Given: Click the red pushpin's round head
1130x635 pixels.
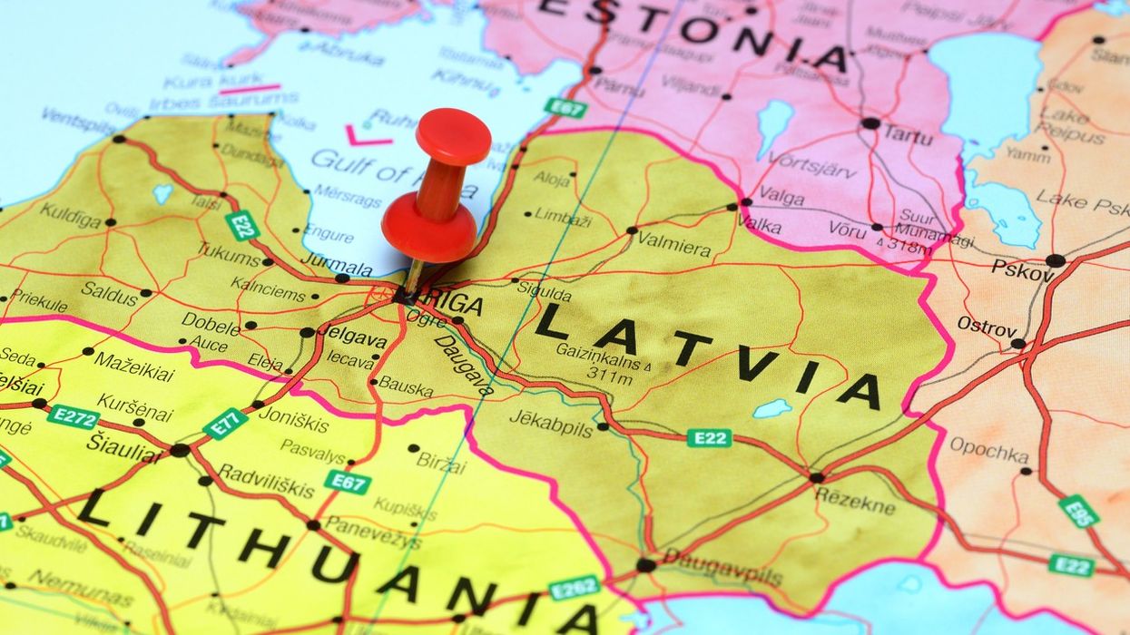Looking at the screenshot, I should click(452, 136).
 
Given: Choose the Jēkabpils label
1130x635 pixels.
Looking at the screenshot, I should click(550, 421).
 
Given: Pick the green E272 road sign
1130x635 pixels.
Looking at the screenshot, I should click(73, 416).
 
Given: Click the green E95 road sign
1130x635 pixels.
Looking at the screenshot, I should click(1079, 512).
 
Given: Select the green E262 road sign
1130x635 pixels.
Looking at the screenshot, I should click(574, 587).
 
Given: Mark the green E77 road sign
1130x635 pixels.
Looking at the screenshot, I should click(225, 424).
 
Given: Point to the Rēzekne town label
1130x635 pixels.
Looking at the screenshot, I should click(855, 498).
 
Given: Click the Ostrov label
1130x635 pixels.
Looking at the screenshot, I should click(987, 326).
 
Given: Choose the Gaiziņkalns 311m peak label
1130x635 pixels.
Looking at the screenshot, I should click(599, 358).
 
